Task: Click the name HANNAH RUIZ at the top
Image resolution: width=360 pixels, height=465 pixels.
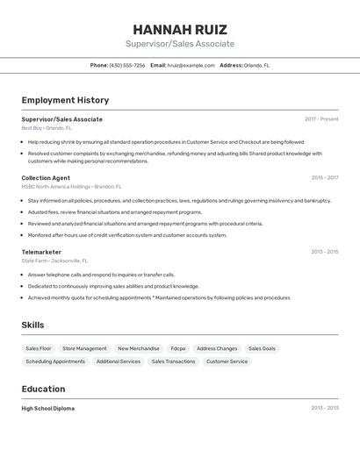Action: click(180, 29)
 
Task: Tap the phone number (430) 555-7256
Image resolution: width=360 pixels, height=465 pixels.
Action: click(127, 65)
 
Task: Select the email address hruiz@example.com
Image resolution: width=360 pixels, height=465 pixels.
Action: click(191, 65)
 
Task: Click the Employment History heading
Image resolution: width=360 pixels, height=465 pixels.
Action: click(65, 100)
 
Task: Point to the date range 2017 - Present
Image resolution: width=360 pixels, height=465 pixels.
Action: click(321, 119)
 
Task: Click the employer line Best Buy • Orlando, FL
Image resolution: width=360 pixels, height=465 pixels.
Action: click(47, 128)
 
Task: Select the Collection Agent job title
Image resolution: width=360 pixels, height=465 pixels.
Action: click(46, 178)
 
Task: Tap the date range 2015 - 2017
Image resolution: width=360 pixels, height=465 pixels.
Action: click(324, 178)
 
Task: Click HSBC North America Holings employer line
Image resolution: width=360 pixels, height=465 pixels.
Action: click(71, 187)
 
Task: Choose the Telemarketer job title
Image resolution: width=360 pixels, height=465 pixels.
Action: click(41, 252)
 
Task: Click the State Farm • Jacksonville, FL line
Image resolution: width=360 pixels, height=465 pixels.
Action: click(54, 261)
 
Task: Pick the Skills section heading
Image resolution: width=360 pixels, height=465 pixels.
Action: click(32, 325)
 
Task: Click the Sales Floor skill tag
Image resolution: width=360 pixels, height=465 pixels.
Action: click(39, 348)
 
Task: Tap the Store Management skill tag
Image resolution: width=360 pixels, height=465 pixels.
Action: click(84, 348)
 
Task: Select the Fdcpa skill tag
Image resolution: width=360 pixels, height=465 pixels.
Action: click(178, 348)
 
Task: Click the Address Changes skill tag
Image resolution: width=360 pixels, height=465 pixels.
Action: click(217, 348)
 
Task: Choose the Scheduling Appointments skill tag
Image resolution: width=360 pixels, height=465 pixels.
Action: click(55, 361)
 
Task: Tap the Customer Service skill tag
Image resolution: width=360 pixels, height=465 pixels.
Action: click(227, 361)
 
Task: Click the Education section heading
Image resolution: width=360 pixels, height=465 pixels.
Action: click(43, 389)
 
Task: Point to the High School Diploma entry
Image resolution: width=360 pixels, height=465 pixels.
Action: click(48, 408)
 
